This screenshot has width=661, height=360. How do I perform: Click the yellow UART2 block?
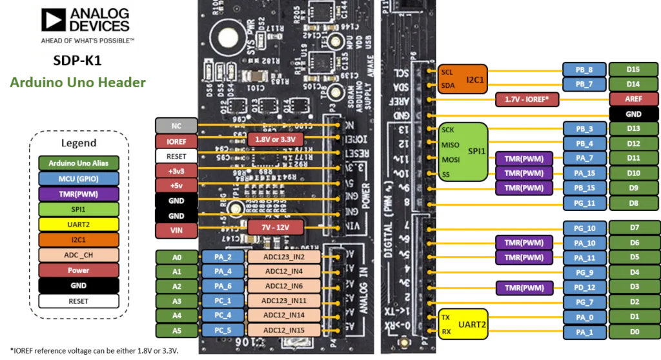click(x=462, y=324)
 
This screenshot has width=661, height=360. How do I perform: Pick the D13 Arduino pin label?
click(x=633, y=129)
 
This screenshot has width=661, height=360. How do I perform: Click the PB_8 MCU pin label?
click(x=584, y=70)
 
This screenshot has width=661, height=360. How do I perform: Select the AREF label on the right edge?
click(x=633, y=99)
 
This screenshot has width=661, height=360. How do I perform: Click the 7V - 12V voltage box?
click(x=276, y=228)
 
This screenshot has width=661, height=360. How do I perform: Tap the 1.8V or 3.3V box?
click(x=276, y=139)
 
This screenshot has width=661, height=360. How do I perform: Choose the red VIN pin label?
click(x=176, y=230)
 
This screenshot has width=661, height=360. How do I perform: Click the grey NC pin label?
click(x=176, y=125)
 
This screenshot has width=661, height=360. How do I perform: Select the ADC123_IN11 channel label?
click(x=284, y=301)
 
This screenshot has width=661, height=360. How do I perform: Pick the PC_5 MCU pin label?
click(x=221, y=331)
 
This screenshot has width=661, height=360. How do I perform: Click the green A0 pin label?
click(x=176, y=257)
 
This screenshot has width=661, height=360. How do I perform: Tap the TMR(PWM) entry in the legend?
click(x=79, y=194)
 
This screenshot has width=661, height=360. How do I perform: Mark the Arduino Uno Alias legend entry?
click(x=79, y=163)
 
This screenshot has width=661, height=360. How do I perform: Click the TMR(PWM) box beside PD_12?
click(x=524, y=286)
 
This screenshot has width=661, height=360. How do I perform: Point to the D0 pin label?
click(x=633, y=332)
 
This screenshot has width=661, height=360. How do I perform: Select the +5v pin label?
click(x=176, y=185)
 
